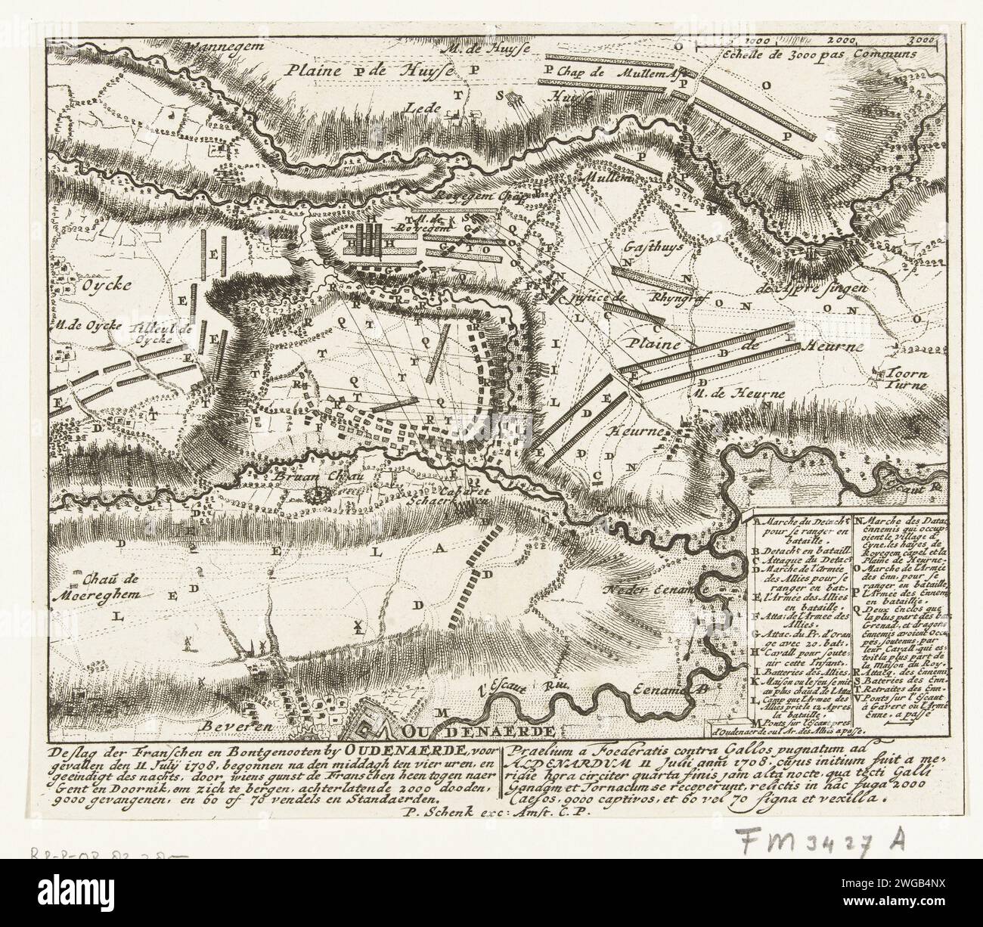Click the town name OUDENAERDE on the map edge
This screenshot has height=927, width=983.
[479, 731]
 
